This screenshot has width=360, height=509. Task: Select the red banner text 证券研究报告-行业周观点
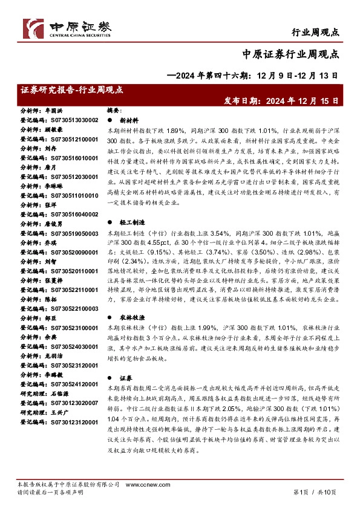71,89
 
